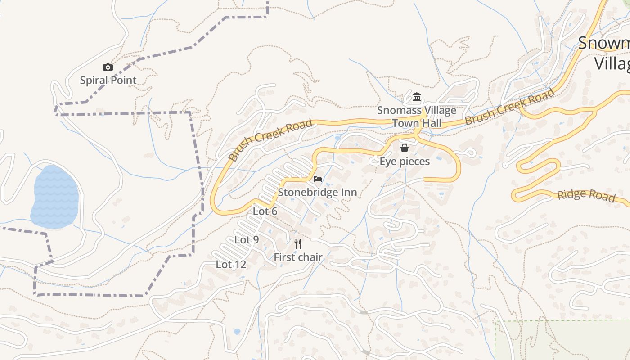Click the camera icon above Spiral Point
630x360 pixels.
tap(108, 67)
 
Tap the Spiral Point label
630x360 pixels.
tap(108, 81)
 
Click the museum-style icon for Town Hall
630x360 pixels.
tap(416, 97)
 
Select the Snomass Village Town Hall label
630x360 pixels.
tap(416, 117)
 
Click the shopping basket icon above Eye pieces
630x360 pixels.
tap(405, 148)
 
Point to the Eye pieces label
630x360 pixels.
tap(405, 161)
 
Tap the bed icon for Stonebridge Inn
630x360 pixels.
tap(318, 179)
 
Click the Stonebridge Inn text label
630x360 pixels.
tap(317, 192)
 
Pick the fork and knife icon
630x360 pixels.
tap(298, 244)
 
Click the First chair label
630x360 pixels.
tap(298, 257)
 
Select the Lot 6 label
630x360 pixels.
tap(265, 211)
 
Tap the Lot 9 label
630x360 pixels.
tap(247, 240)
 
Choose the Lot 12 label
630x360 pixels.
tap(231, 264)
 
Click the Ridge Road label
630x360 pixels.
tap(586, 195)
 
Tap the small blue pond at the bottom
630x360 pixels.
tap(237, 332)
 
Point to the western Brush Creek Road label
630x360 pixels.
tap(270, 140)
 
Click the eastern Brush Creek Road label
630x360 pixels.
tap(509, 107)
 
